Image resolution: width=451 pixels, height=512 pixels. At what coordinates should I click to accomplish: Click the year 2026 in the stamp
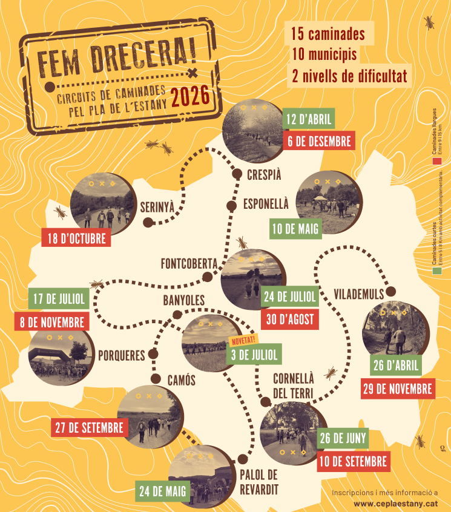(x=189, y=96)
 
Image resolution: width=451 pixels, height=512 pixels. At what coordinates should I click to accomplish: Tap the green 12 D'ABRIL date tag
(x=309, y=119)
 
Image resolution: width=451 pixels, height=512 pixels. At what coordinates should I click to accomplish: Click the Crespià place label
(x=264, y=175)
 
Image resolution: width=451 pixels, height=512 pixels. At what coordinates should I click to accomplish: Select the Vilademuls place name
(x=359, y=294)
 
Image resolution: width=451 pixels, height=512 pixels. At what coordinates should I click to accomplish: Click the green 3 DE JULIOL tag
(x=254, y=355)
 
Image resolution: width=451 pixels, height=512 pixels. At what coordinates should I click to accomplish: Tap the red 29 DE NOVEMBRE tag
(x=398, y=388)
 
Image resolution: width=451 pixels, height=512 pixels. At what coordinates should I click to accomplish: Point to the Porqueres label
(x=122, y=355)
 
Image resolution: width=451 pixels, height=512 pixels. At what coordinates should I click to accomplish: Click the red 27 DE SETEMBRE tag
(x=89, y=427)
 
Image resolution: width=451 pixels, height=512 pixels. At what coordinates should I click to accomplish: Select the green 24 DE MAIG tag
(x=162, y=490)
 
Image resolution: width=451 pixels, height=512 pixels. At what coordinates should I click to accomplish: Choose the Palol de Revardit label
(x=258, y=481)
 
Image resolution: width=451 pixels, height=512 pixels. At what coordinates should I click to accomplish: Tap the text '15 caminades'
(x=328, y=34)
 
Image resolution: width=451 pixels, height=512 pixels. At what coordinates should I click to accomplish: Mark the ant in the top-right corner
(x=429, y=23)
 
